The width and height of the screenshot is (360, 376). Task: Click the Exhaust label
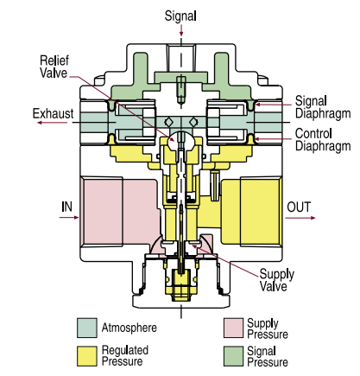(53, 113)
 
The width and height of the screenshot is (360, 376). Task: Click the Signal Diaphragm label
(319, 106)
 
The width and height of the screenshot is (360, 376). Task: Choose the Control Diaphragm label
(319, 139)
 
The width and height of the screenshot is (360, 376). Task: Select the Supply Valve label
(276, 281)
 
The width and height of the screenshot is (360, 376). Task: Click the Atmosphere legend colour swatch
(86, 328)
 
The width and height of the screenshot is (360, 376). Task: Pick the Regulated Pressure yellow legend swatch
(86, 356)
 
